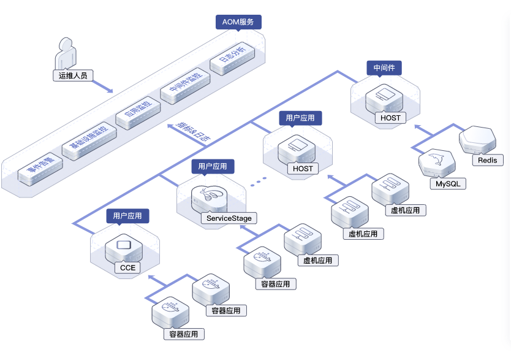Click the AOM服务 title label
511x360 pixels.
[x=239, y=22]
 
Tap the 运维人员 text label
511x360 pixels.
[x=72, y=76]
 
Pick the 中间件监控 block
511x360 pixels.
[x=185, y=85]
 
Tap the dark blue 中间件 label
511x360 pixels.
[x=384, y=68]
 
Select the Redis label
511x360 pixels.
[x=488, y=160]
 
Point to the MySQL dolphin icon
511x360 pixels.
[x=436, y=163]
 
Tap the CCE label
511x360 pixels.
[x=127, y=267]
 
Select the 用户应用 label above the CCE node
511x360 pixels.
[x=127, y=215]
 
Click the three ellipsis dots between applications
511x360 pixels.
[x=260, y=182]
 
